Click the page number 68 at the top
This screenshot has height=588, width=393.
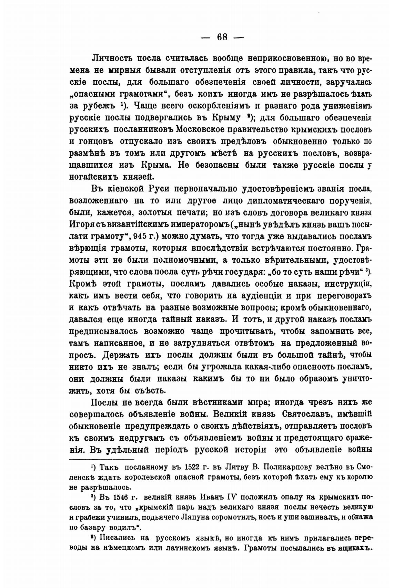(x=222, y=37)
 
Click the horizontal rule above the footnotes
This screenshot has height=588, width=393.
(x=101, y=459)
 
